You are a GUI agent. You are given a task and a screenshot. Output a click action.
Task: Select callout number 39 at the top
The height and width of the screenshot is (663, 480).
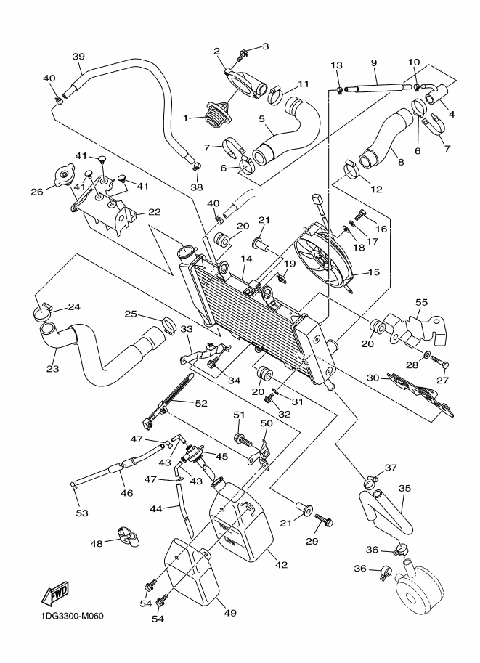(78, 56)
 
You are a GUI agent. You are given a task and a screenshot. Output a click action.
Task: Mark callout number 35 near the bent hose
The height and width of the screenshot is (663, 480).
(405, 489)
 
